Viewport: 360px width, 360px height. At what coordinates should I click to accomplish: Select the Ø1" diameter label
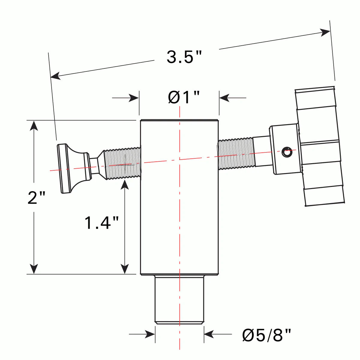click(184, 97)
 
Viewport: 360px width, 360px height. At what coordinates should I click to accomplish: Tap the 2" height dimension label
click(36, 198)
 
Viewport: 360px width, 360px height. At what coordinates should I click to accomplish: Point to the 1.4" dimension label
click(102, 223)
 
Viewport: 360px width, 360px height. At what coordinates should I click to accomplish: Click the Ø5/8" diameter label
click(266, 335)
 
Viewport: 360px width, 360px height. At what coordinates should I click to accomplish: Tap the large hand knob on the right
click(319, 147)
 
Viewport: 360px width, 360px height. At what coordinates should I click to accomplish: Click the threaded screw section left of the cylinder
click(123, 163)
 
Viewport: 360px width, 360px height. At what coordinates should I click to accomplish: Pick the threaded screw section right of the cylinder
click(236, 153)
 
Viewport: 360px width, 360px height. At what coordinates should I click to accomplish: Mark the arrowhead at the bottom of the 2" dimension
click(34, 269)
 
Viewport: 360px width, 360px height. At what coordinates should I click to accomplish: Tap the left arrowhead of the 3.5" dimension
click(55, 76)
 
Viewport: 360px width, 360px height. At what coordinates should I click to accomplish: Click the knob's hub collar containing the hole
click(285, 149)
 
